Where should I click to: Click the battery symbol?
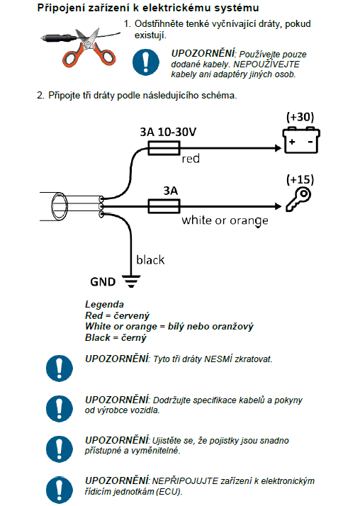click(301, 140)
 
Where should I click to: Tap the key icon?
click(298, 200)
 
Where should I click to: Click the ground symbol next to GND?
click(131, 281)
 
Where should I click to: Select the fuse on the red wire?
click(164, 148)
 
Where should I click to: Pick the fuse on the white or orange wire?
click(164, 206)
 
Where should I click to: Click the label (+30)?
click(300, 117)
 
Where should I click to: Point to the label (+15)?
click(300, 179)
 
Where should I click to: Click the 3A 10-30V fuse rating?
click(168, 132)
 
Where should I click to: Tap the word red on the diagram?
click(191, 159)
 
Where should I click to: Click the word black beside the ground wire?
click(150, 260)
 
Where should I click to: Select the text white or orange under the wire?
click(225, 220)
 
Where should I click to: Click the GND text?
click(103, 282)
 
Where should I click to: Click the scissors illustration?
click(89, 48)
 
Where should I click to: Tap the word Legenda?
click(104, 304)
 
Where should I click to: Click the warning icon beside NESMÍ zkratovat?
click(60, 369)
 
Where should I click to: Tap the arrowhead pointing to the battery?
click(278, 148)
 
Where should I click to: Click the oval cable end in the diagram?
click(60, 206)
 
